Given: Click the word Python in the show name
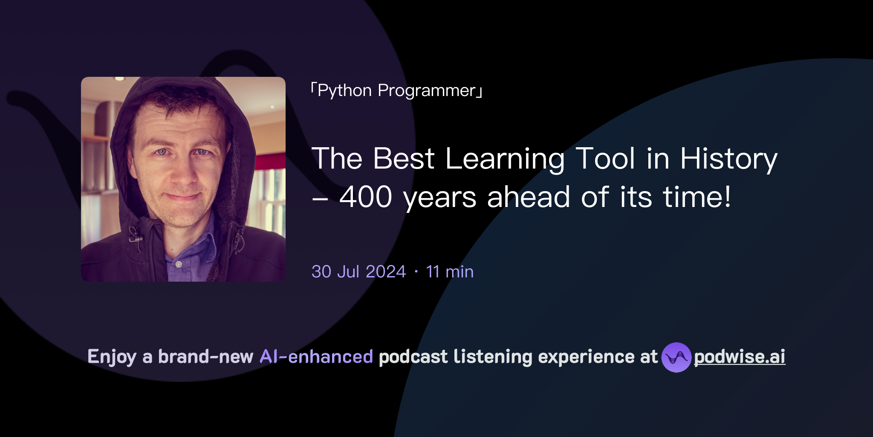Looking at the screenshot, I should point(344,91).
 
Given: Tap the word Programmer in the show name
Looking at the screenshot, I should point(427,91).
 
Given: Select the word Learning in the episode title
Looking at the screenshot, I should point(505,159).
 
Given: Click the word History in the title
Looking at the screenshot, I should point(728,159).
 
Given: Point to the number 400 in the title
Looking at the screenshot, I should point(366,197).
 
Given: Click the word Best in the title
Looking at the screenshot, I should point(404,159).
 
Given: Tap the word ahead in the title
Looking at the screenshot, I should point(529,197).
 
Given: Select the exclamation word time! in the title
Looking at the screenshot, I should point(697,197).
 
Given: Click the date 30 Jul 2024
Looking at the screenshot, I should point(358,272).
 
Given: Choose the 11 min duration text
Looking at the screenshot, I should point(450,272).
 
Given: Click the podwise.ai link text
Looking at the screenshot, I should point(740,357).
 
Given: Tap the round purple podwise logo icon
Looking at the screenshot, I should point(676,357).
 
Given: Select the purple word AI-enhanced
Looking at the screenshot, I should point(316,357).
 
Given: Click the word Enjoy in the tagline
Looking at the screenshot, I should point(112,357).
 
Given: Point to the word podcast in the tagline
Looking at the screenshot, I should point(413,357).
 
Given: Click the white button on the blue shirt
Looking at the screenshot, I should point(179,265).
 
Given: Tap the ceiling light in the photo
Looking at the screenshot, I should point(119,79).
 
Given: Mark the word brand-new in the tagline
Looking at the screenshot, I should point(205,357).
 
